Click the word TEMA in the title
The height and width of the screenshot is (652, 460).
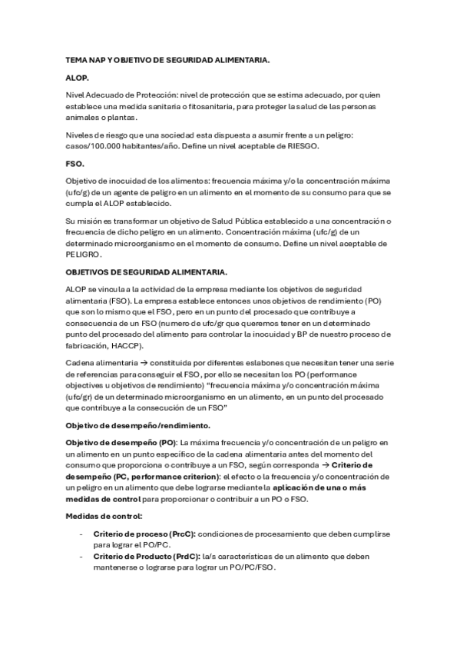[x=77, y=59]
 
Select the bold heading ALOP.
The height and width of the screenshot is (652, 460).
[x=77, y=78]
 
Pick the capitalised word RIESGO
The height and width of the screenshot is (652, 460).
[x=294, y=146]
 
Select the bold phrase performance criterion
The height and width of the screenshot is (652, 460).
[x=161, y=477]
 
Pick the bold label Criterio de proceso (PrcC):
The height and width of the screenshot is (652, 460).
[x=144, y=535]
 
